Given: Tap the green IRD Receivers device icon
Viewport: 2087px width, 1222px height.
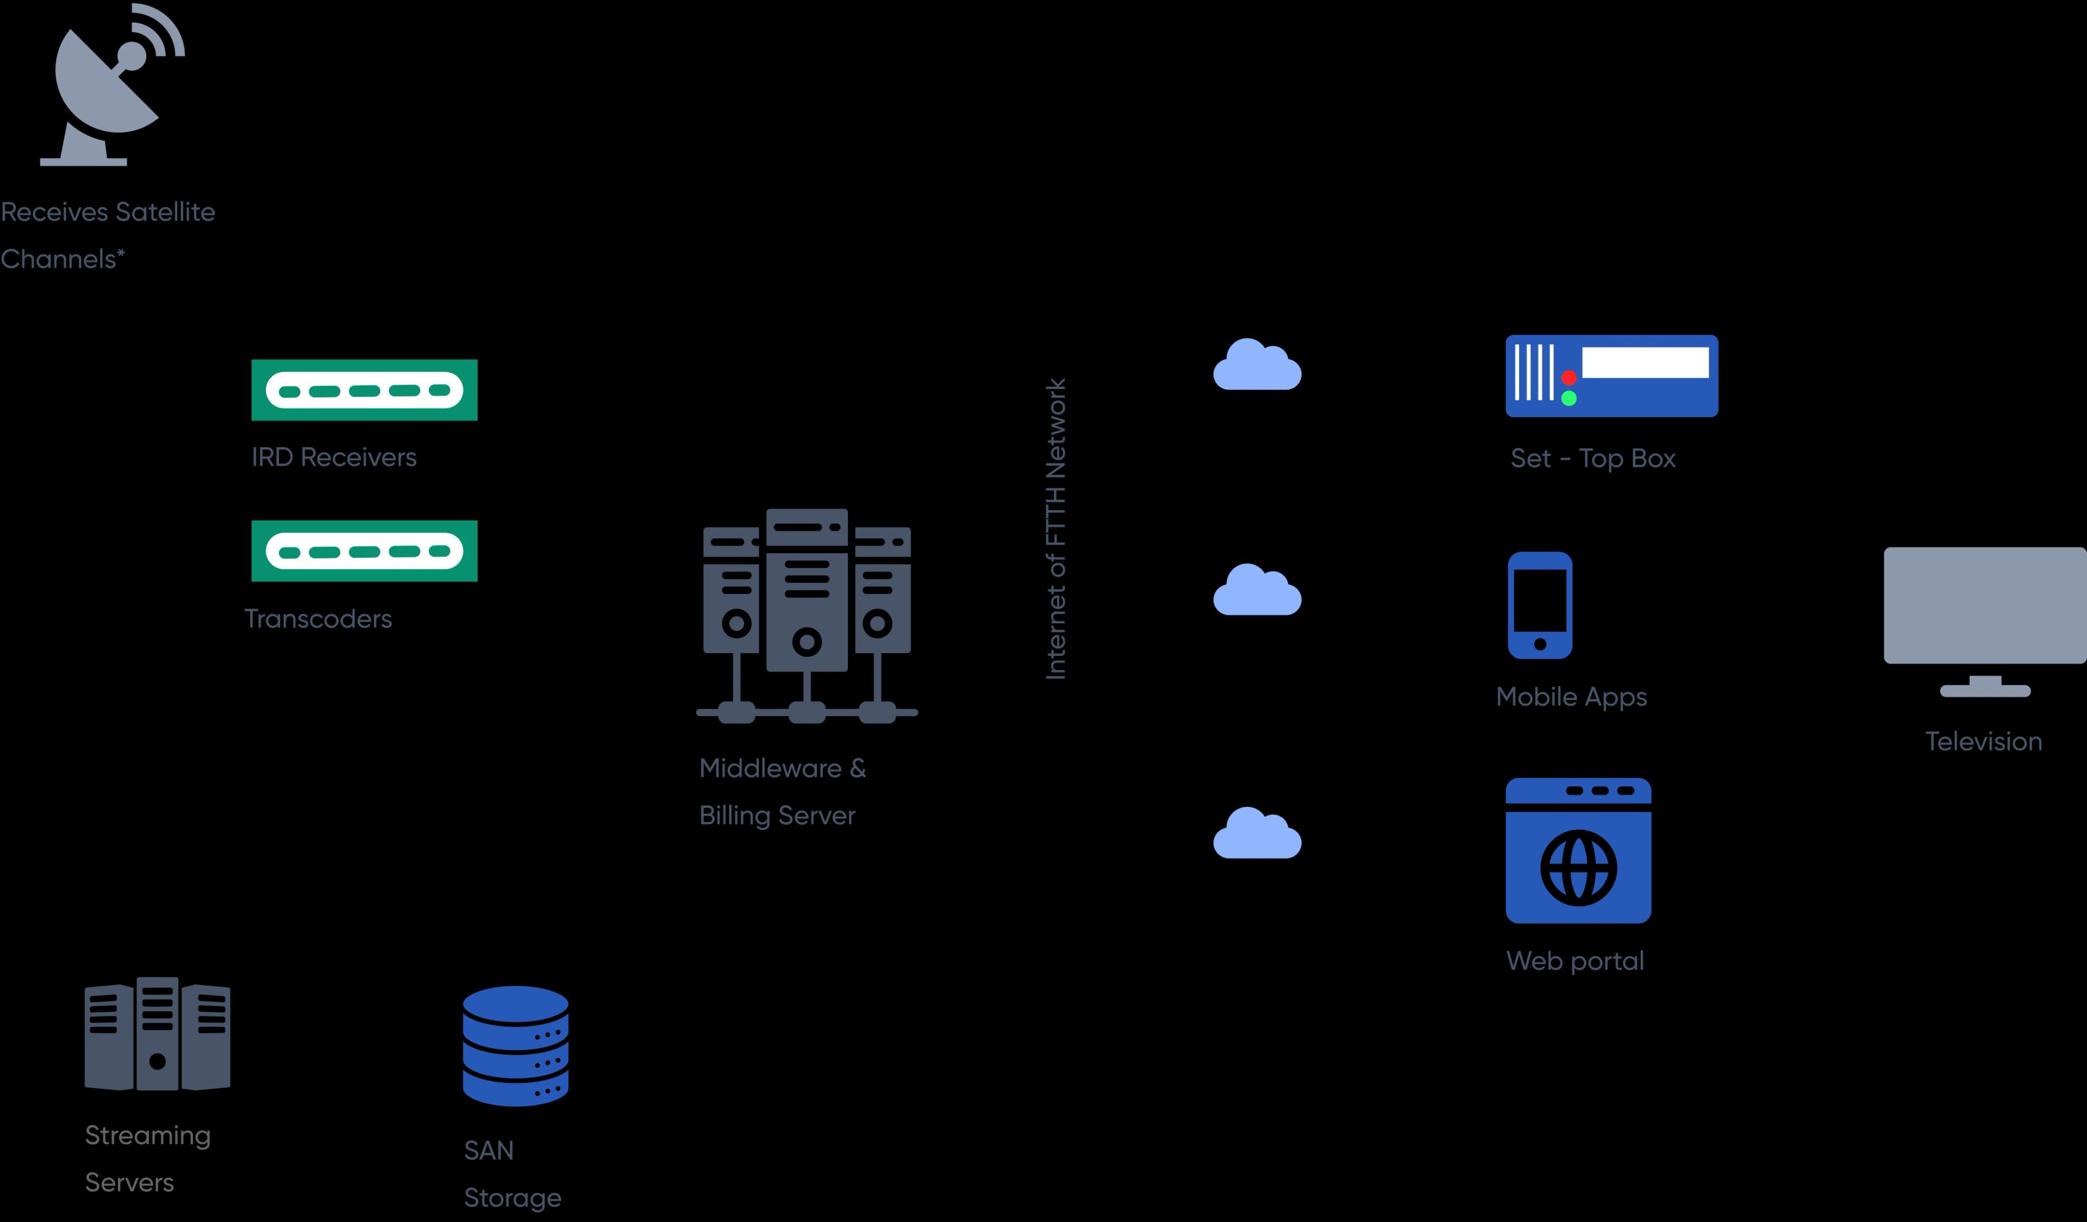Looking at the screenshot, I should pos(364,390).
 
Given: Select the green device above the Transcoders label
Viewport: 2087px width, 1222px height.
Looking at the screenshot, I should pos(364,550).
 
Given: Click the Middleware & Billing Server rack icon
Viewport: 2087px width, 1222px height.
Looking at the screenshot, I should pos(807,613).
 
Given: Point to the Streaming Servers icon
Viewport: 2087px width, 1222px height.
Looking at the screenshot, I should pos(158,1035).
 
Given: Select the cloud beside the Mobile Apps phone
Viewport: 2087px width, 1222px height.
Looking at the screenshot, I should pos(1257,591).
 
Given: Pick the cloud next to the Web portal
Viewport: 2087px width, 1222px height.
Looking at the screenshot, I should pos(1257,835).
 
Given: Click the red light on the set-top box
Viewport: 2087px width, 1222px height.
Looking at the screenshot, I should pos(1569,378).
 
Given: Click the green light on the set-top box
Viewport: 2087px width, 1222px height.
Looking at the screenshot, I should pos(1569,398).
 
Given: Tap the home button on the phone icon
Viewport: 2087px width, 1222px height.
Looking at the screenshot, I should pos(1540,644).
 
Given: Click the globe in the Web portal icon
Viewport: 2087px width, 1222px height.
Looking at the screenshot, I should pos(1578,868).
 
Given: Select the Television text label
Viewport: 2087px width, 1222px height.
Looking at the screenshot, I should pos(1984,741).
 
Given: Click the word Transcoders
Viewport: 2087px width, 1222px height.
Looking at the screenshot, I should pos(318,618).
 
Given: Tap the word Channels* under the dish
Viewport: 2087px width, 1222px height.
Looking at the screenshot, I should pos(62,259).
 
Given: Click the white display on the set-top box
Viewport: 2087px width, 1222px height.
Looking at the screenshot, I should pos(1645,362).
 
